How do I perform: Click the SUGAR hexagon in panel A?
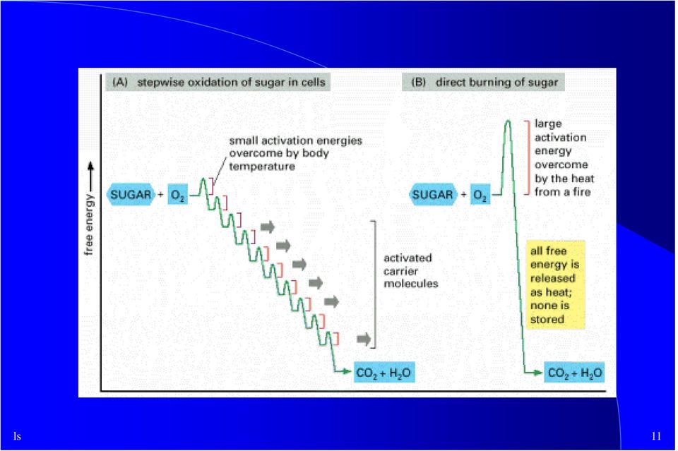click(x=130, y=195)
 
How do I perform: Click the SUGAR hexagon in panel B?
click(x=432, y=195)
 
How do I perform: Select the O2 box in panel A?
click(x=178, y=195)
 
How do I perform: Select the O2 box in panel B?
click(x=480, y=195)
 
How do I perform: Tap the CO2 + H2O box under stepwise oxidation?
click(x=384, y=373)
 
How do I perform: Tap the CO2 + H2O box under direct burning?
click(x=574, y=373)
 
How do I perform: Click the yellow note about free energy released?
click(x=555, y=284)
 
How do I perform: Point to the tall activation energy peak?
click(x=508, y=123)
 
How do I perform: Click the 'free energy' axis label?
click(x=89, y=224)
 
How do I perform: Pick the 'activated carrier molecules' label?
click(x=411, y=271)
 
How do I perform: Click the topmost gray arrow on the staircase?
click(x=268, y=227)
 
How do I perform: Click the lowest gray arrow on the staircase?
click(x=364, y=339)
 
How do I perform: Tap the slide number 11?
click(x=656, y=436)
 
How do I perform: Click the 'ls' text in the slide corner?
click(x=17, y=436)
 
